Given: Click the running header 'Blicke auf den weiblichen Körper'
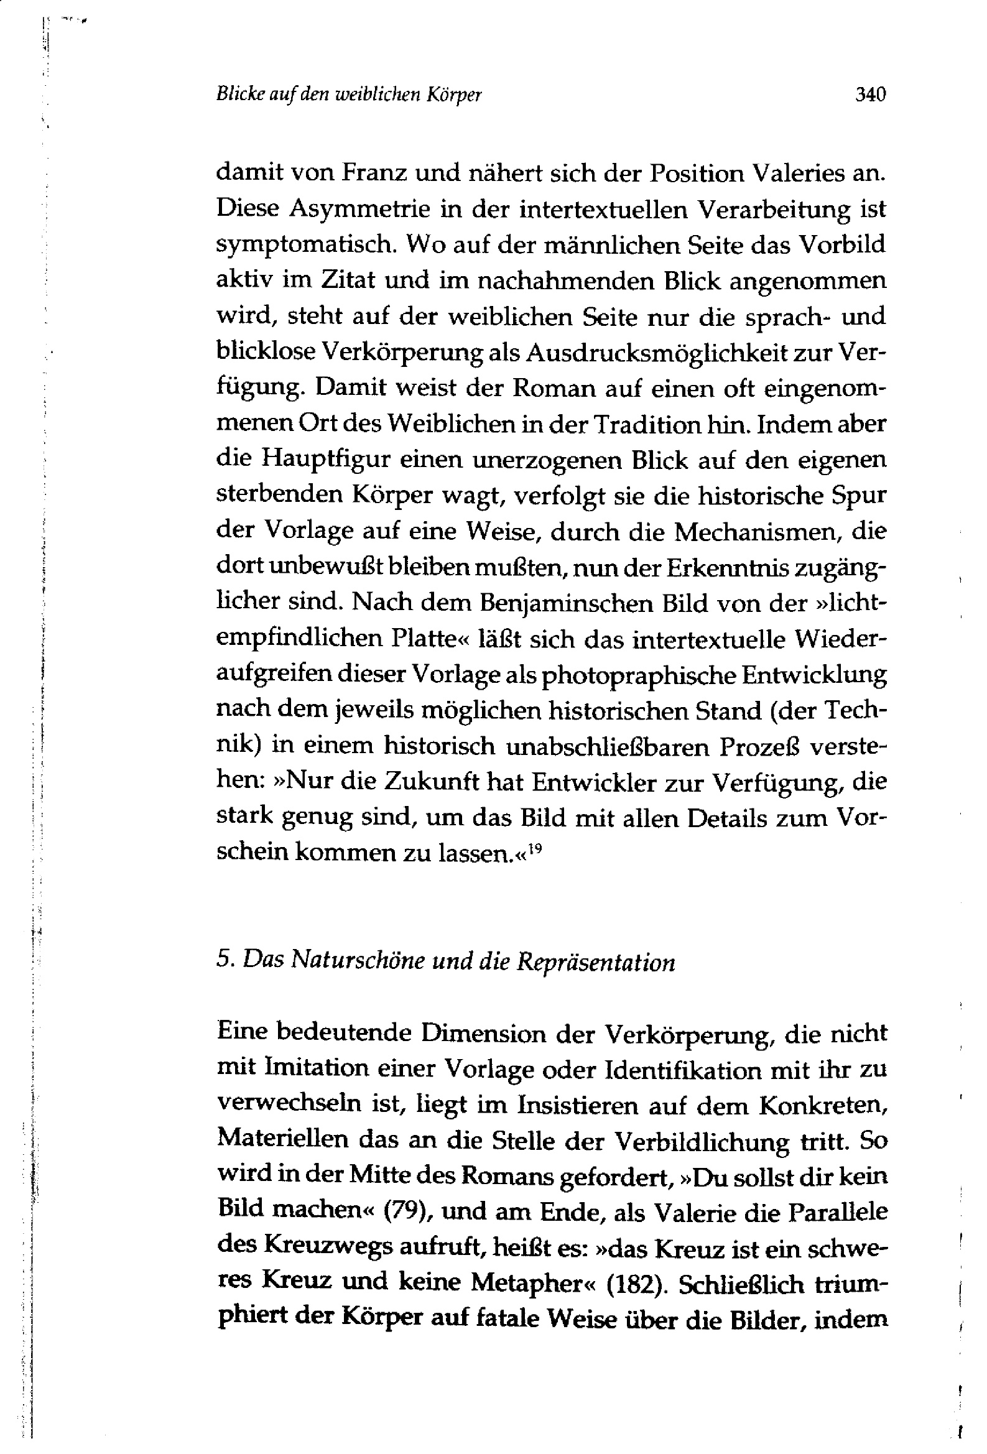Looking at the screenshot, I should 349,95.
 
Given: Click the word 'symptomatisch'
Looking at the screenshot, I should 306,244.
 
